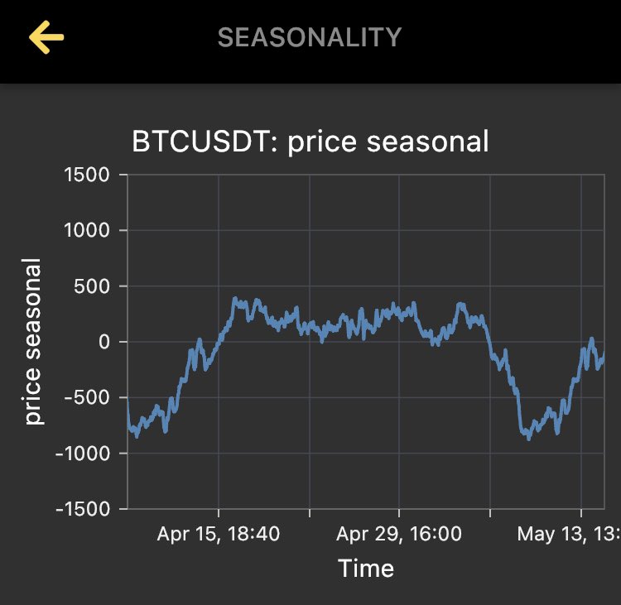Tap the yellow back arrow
(x=46, y=37)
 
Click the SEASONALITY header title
(x=309, y=37)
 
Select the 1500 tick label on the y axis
(x=87, y=175)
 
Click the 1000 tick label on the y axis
(x=87, y=230)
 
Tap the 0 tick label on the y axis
(x=104, y=342)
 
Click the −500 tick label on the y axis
(x=86, y=397)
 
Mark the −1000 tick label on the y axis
(x=81, y=454)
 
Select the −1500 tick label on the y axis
(x=81, y=509)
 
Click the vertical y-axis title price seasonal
(x=32, y=342)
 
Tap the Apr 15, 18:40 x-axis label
(x=219, y=534)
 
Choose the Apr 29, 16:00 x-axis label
(x=399, y=534)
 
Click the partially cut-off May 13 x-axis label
(x=568, y=534)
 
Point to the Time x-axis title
(x=366, y=569)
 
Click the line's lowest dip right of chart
(x=528, y=437)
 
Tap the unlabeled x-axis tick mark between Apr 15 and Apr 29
(x=309, y=512)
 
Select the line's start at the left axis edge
(x=128, y=399)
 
